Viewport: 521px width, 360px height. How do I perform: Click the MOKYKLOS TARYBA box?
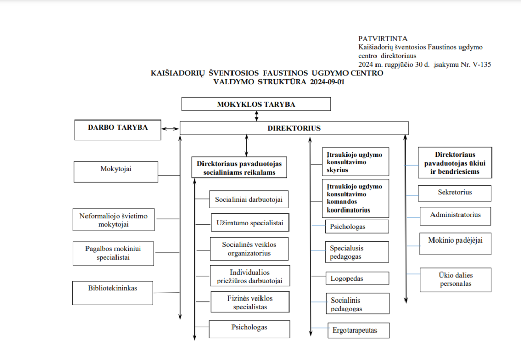click(x=256, y=104)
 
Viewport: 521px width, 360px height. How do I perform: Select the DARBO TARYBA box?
click(x=118, y=130)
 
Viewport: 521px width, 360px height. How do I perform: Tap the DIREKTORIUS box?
click(x=294, y=128)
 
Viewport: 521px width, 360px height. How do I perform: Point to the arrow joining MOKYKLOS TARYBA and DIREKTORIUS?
click(x=257, y=115)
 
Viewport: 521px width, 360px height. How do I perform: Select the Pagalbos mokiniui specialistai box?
click(x=113, y=253)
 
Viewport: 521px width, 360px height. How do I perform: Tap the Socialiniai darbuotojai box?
click(x=249, y=200)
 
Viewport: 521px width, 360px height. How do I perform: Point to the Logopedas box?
click(x=357, y=278)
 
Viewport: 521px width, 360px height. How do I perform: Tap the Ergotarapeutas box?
click(x=359, y=331)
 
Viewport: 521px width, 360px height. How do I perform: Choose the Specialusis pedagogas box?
click(x=357, y=252)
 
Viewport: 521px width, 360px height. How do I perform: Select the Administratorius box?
click(x=455, y=216)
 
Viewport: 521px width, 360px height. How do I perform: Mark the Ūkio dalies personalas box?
click(x=455, y=280)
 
